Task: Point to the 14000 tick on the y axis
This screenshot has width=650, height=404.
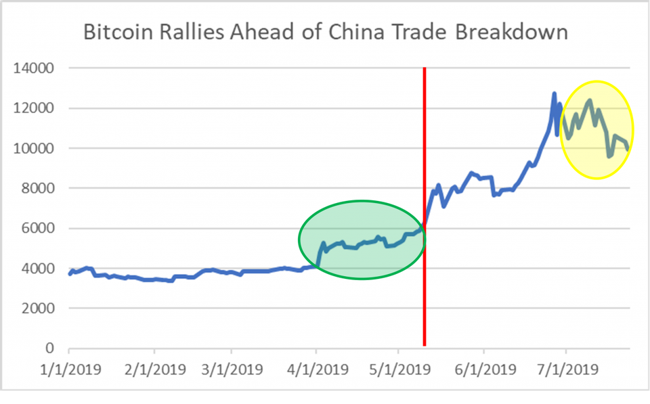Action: tap(35, 68)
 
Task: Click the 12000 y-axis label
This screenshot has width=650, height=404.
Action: tap(35, 108)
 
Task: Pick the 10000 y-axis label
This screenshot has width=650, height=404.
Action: tap(35, 148)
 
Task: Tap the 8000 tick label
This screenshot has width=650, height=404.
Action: tap(39, 188)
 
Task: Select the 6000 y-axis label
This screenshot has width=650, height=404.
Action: tap(39, 228)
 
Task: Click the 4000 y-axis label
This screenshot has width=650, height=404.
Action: tap(39, 269)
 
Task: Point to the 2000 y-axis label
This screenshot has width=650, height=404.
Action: tap(39, 309)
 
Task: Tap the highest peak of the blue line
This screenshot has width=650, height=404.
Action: tap(554, 93)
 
